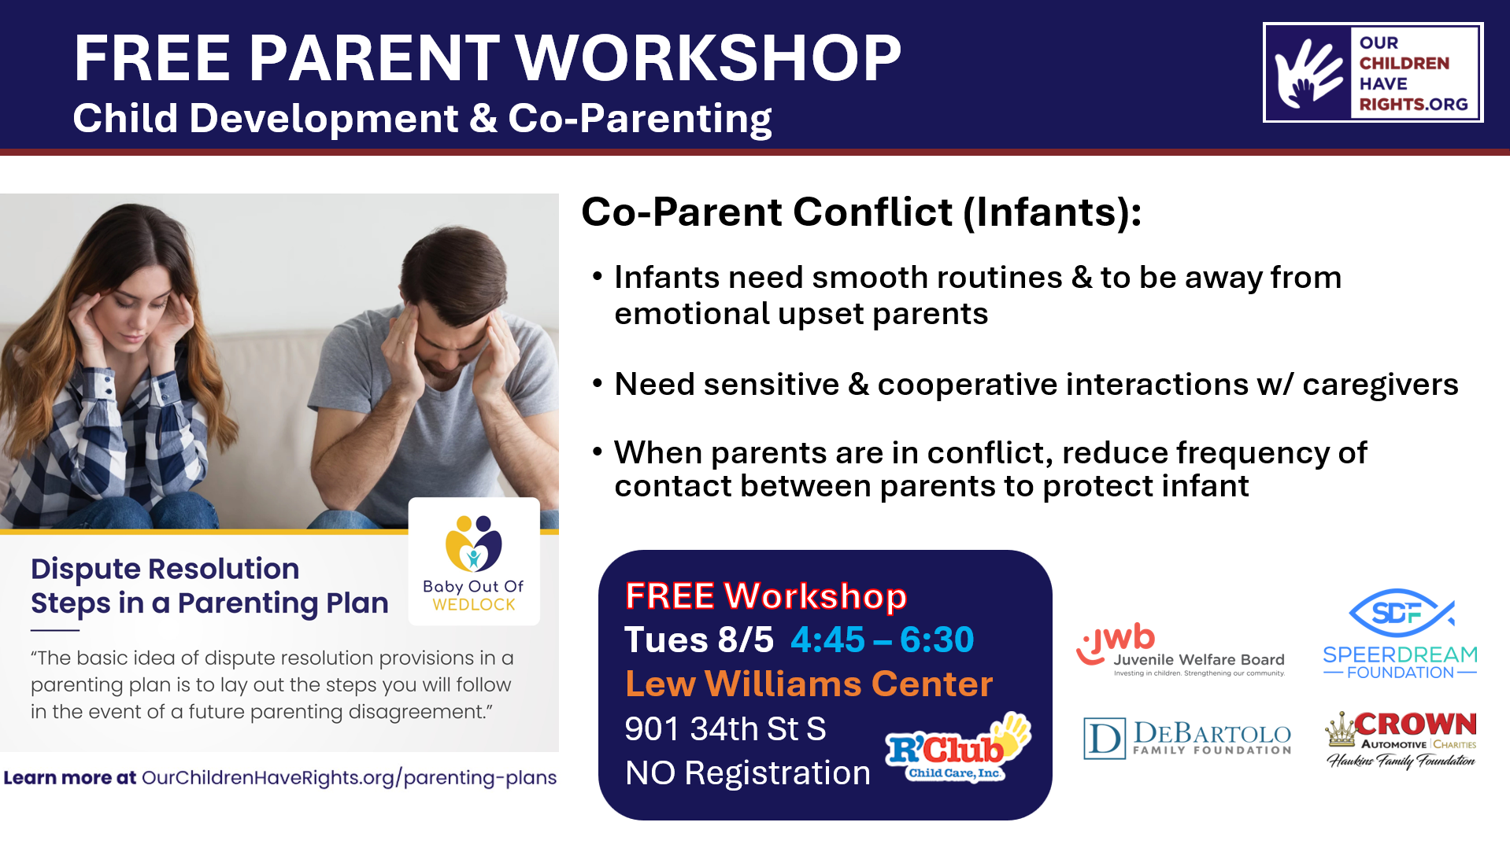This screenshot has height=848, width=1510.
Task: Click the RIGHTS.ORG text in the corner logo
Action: [1413, 104]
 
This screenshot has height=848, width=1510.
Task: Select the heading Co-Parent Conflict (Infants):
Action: [860, 212]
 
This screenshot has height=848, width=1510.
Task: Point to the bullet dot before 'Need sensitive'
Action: [598, 383]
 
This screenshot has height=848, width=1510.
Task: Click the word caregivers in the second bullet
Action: [1379, 385]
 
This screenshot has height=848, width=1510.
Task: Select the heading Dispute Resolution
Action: [165, 569]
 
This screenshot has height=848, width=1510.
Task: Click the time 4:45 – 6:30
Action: [882, 640]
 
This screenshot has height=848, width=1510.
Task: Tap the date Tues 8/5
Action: [699, 640]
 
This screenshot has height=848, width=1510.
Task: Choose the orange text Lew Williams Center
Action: [809, 684]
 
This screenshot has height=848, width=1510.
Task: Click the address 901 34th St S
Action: [725, 728]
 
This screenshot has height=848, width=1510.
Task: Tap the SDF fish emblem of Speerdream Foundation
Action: [1399, 613]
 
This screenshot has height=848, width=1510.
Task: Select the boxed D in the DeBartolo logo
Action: [1104, 739]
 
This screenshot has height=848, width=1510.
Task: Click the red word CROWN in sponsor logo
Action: [1415, 724]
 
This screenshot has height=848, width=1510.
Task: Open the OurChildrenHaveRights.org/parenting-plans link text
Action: [349, 778]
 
